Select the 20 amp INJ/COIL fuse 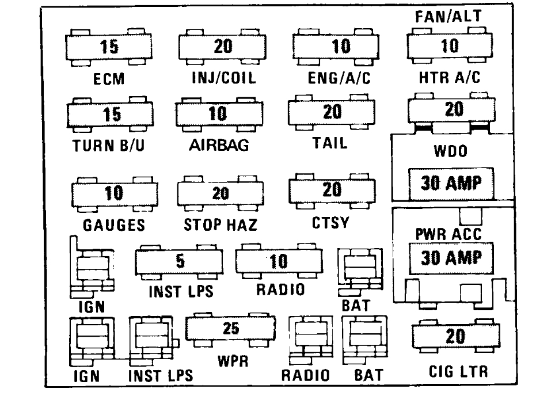point(222,47)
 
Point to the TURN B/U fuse point(111,115)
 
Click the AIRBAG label point(219,145)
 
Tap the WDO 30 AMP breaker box point(451,183)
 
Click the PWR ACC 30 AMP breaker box point(451,258)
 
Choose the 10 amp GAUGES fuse point(113,193)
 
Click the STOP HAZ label point(220,224)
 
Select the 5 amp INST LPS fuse point(179,262)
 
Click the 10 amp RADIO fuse point(279,261)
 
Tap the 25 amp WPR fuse point(230,329)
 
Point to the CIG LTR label point(458,371)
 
